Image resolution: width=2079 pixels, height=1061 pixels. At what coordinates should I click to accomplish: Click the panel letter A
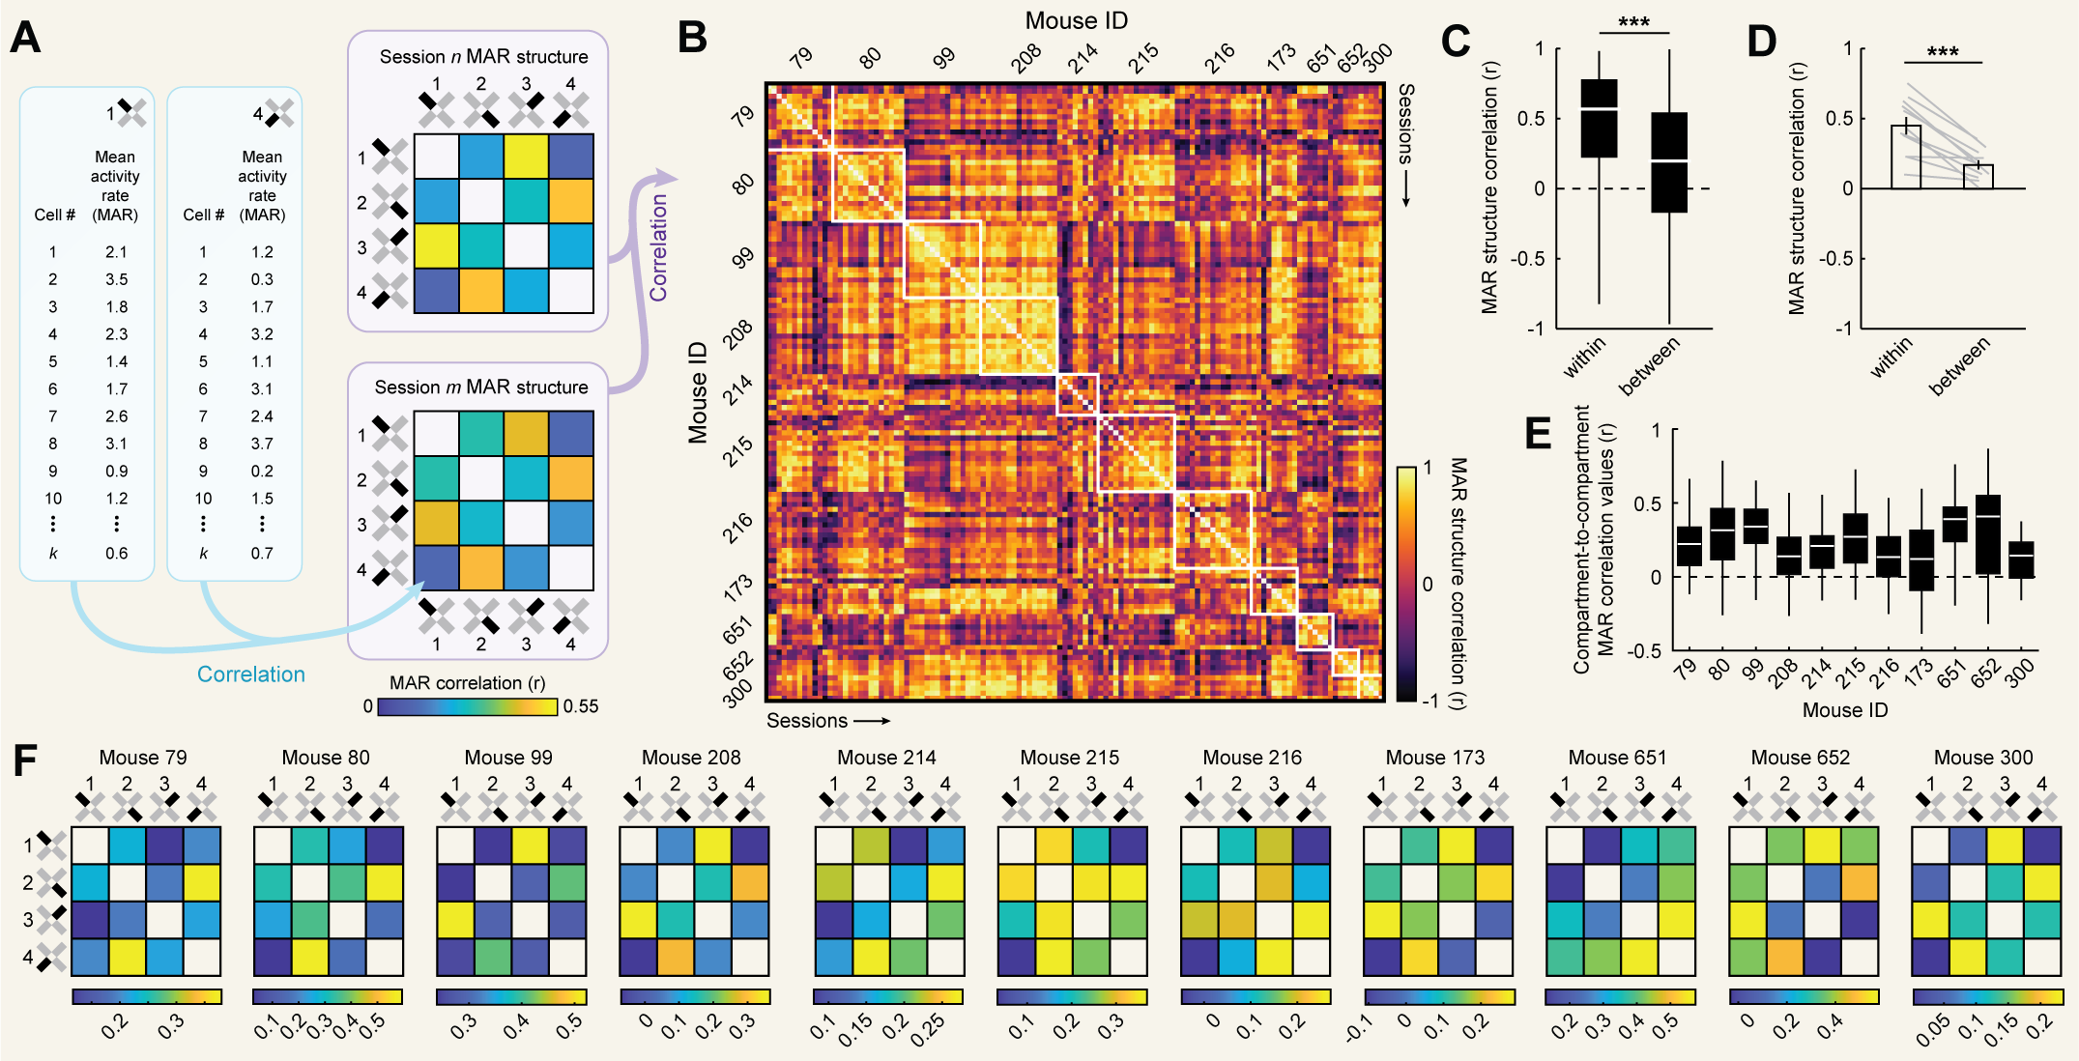tap(26, 39)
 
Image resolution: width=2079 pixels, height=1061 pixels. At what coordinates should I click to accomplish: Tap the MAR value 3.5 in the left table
tap(116, 279)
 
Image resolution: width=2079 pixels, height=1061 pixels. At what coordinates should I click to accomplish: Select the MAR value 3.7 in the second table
tap(262, 444)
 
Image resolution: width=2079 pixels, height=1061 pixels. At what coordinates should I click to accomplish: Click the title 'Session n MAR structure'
tap(483, 57)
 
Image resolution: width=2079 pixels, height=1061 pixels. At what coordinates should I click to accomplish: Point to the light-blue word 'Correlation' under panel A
tap(250, 674)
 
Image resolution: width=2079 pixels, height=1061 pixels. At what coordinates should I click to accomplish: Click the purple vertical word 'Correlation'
tap(658, 247)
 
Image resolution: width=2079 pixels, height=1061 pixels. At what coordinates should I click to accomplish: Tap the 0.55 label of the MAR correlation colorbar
tap(581, 706)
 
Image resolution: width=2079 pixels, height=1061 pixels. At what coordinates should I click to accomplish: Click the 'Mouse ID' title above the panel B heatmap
tap(1076, 20)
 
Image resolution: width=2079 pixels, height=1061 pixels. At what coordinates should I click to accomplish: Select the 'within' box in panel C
tap(1599, 118)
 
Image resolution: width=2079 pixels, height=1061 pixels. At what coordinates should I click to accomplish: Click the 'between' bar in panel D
tap(1978, 177)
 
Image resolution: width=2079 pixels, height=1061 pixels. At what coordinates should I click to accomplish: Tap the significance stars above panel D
tap(1942, 52)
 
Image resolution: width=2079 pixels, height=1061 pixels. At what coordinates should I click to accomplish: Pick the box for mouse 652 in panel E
tap(1987, 534)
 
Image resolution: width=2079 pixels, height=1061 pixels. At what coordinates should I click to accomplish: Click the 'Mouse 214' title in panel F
tap(886, 758)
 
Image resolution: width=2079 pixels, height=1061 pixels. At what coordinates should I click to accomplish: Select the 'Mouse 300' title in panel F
tap(1983, 758)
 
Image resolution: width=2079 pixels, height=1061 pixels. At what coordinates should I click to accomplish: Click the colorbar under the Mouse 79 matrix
tap(147, 996)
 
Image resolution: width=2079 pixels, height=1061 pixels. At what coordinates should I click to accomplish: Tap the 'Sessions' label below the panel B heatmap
tap(807, 721)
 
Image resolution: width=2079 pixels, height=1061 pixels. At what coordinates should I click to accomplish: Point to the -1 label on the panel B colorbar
tap(1429, 700)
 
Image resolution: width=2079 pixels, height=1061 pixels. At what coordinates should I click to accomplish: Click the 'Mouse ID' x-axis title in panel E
tap(1844, 710)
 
